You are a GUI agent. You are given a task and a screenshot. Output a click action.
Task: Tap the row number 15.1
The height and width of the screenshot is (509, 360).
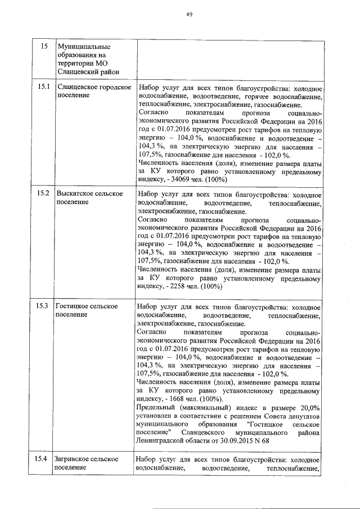(44, 87)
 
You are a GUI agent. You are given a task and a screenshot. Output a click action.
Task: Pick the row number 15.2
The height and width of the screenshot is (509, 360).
(44, 193)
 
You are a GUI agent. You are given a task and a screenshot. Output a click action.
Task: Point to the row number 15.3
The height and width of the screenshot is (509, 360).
(44, 307)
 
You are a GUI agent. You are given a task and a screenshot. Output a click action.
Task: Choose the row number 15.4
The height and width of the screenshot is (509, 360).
(44, 460)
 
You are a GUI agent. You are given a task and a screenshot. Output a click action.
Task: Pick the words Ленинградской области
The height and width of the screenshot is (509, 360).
(174, 442)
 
